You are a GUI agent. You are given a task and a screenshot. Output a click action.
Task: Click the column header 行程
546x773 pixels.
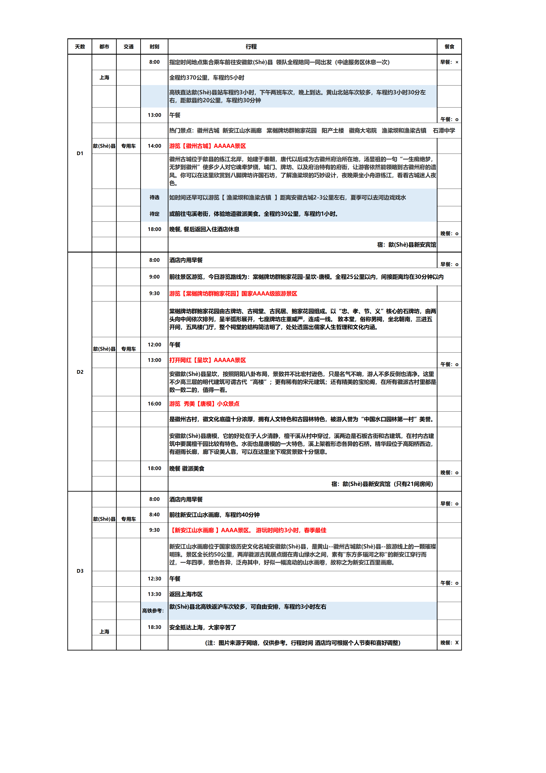click(251, 47)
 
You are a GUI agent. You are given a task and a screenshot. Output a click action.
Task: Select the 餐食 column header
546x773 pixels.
click(449, 47)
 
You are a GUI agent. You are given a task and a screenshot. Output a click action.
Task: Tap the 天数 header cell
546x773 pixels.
click(80, 47)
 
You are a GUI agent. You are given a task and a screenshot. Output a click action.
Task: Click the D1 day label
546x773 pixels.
click(80, 153)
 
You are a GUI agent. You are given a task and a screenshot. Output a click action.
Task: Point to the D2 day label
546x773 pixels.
click(80, 372)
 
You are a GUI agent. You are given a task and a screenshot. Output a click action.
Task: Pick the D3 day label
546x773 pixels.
click(80, 571)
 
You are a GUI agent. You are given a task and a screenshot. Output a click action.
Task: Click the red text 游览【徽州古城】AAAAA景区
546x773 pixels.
click(208, 146)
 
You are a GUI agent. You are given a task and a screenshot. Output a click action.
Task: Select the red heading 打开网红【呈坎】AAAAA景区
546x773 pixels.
click(208, 360)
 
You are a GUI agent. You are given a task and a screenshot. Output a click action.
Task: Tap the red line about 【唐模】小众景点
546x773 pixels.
click(204, 404)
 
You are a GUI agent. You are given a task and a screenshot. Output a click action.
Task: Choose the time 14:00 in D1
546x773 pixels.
click(154, 146)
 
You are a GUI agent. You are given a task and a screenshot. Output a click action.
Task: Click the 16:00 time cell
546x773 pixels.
click(154, 404)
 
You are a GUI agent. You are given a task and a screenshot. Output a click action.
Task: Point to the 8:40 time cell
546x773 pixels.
click(154, 515)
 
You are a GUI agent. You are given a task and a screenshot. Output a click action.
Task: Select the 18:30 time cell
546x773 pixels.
click(154, 627)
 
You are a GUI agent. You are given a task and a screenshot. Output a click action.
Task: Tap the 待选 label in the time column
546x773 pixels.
click(154, 197)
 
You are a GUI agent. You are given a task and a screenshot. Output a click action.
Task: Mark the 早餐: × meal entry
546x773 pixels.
click(449, 62)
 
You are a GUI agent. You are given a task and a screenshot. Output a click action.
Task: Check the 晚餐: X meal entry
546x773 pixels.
click(449, 643)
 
